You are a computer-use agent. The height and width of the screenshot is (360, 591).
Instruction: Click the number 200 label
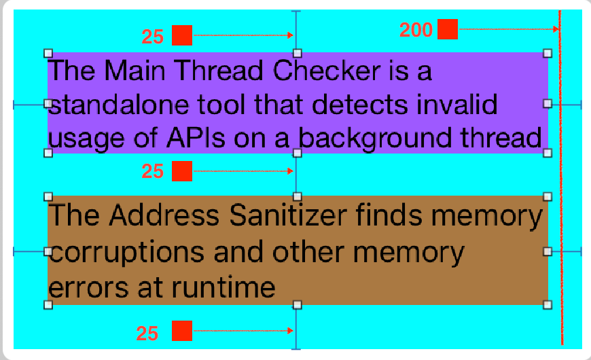pyautogui.click(x=416, y=30)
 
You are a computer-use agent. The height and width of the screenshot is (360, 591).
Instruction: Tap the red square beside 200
pyautogui.click(x=448, y=29)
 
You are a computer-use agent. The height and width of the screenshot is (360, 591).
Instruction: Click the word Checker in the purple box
pyautogui.click(x=326, y=71)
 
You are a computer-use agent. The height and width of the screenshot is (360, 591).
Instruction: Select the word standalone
pyautogui.click(x=119, y=105)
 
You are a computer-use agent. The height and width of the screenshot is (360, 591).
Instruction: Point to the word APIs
pyautogui.click(x=196, y=138)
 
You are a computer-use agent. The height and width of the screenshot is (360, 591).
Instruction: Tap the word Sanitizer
pyautogui.click(x=288, y=215)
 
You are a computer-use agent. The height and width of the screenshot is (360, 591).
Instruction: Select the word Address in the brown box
pyautogui.click(x=164, y=215)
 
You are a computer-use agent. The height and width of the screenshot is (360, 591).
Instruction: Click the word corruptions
pyautogui.click(x=126, y=253)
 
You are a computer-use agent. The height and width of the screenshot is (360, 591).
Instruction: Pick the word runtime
pyautogui.click(x=223, y=288)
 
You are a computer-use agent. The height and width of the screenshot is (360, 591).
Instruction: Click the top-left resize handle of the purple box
pyautogui.click(x=48, y=53)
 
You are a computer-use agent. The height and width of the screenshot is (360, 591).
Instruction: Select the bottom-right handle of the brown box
pyautogui.click(x=548, y=305)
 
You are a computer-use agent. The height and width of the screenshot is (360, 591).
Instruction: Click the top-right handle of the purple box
pyautogui.click(x=548, y=53)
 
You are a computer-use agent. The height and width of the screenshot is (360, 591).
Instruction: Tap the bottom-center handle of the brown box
pyautogui.click(x=297, y=305)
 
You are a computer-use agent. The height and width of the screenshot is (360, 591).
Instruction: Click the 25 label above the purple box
pyautogui.click(x=153, y=37)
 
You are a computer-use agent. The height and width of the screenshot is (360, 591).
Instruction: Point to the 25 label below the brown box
pyautogui.click(x=147, y=334)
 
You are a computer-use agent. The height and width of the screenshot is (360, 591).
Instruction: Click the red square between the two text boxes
pyautogui.click(x=182, y=171)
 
